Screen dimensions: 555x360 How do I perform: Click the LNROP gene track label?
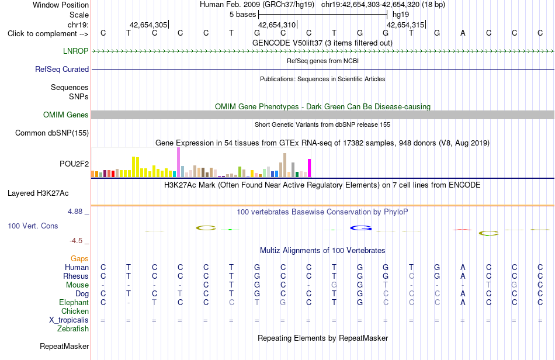(x=76, y=51)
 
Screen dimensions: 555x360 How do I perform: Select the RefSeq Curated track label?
(x=62, y=69)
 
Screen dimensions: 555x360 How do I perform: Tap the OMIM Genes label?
(x=66, y=115)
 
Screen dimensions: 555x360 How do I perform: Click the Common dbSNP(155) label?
(x=52, y=133)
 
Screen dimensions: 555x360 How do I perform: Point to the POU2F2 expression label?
(x=74, y=164)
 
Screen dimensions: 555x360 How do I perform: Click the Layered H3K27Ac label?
(x=38, y=193)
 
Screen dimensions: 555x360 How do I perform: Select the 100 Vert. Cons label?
(x=33, y=226)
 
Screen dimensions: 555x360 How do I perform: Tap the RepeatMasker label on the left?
(x=64, y=346)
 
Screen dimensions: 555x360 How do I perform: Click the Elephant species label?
(x=74, y=302)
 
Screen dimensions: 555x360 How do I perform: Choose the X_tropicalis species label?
(x=69, y=320)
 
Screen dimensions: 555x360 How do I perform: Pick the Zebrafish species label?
(x=73, y=328)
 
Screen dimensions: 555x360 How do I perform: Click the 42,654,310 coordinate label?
(x=277, y=25)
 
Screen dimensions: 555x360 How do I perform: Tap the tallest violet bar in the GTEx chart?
(x=178, y=162)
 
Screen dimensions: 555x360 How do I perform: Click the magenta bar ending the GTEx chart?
(x=310, y=168)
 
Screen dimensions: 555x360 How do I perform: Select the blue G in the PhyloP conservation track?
(x=360, y=229)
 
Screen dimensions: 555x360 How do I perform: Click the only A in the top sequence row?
(x=463, y=33)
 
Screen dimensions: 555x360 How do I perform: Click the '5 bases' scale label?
(x=243, y=15)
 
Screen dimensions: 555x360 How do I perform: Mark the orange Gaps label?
(x=79, y=258)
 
